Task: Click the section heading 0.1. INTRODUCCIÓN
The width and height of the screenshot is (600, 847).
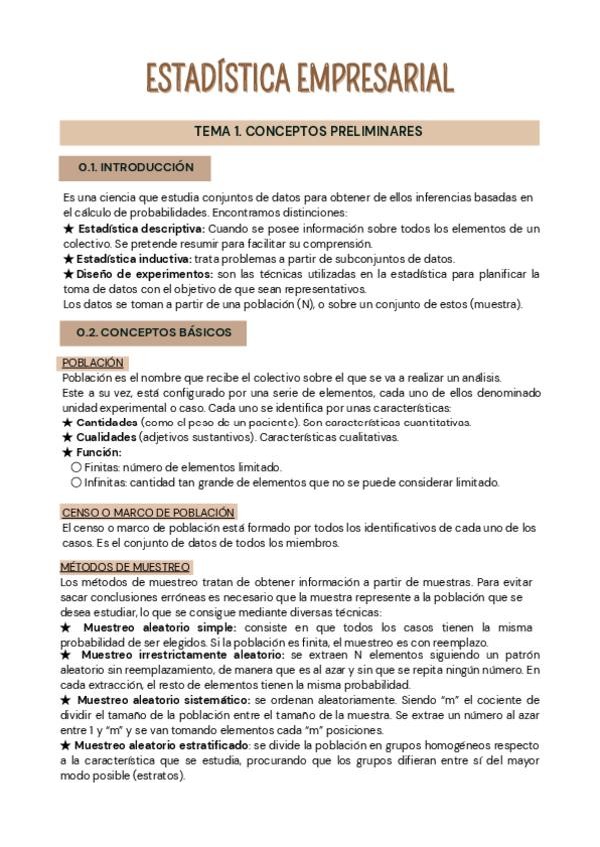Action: pyautogui.click(x=135, y=168)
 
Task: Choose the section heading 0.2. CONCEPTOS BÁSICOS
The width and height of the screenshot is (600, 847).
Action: pyautogui.click(x=154, y=333)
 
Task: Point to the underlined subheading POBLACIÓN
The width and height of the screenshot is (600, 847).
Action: pyautogui.click(x=93, y=363)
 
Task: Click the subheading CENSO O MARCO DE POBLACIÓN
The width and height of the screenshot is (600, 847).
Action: pyautogui.click(x=148, y=512)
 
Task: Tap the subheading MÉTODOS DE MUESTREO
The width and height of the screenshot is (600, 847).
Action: pyautogui.click(x=125, y=566)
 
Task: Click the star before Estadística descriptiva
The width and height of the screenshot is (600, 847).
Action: pyautogui.click(x=67, y=229)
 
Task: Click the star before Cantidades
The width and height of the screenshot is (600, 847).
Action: pyautogui.click(x=67, y=423)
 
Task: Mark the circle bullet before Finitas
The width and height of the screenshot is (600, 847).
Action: pyautogui.click(x=76, y=467)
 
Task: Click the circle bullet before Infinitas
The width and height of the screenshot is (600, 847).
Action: pyautogui.click(x=76, y=482)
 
